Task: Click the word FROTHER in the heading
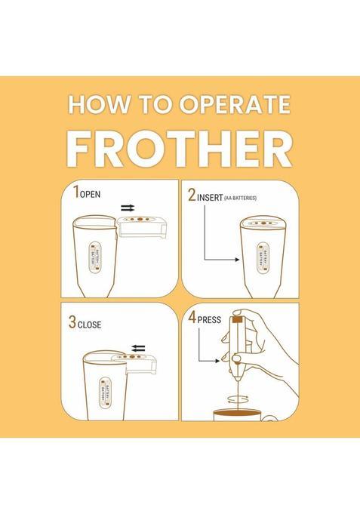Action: point(180,149)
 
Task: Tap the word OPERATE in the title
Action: point(235,105)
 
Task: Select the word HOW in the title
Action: point(99,105)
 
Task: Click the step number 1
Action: point(76,192)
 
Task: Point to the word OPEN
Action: point(90,194)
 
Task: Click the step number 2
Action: point(192,195)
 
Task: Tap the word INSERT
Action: point(210,198)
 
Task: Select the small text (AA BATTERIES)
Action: point(240,198)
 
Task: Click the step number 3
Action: point(72,322)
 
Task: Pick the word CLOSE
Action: point(90,325)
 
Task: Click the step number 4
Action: point(192,317)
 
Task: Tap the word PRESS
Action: point(209,319)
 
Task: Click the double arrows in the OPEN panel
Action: point(128,208)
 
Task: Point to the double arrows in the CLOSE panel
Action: point(138,348)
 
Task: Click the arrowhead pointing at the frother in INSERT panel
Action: point(238,260)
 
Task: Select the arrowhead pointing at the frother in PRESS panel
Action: point(217,361)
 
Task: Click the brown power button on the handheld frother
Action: point(238,319)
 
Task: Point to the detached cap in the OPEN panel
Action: point(143,226)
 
